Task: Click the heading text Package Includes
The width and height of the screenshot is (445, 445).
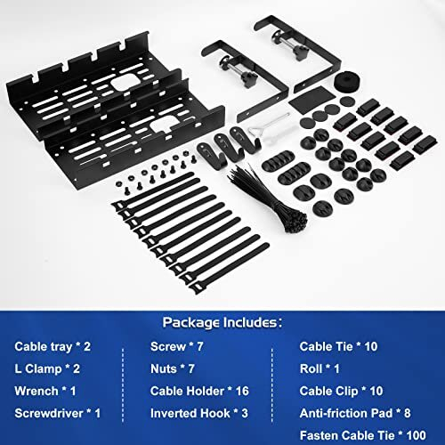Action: tap(222, 320)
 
